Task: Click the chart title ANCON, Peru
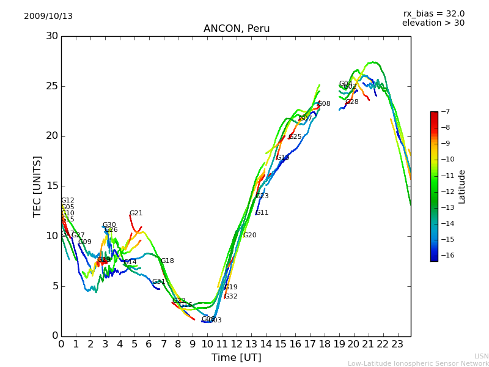pos(236,29)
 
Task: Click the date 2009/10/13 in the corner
pos(48,17)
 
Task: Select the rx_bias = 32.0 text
pos(433,13)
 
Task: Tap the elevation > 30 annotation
pos(433,23)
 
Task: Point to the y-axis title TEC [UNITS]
pos(38,186)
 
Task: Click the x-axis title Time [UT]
pos(236,357)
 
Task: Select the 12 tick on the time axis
pos(237,344)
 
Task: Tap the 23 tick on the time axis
pos(397,344)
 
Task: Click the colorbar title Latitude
pos(462,187)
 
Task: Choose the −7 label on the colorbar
pos(444,112)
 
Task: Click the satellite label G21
pos(136,213)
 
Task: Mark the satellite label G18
pos(167,261)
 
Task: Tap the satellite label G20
pos(249,235)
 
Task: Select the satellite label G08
pos(324,104)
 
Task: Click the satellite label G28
pos(352,102)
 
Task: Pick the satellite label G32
pos(230,297)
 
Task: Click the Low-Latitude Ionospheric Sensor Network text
pos(418,363)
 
